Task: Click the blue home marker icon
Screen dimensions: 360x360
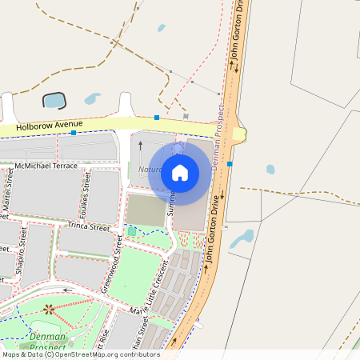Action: point(180,172)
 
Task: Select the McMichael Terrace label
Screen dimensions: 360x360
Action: point(46,166)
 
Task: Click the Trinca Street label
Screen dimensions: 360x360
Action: point(88,227)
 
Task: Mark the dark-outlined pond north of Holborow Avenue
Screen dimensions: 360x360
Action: point(54,100)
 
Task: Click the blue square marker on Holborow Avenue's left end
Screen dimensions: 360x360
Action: point(74,133)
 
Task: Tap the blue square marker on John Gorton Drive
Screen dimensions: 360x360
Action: point(230,164)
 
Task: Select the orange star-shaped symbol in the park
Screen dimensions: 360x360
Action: point(49,308)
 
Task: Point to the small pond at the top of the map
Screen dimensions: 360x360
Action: point(162,28)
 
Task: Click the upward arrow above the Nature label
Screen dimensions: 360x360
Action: point(140,146)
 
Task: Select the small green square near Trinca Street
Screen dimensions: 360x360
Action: point(131,232)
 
